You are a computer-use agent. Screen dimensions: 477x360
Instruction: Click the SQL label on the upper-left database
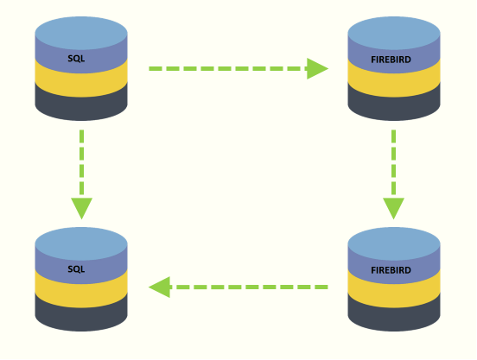click(76, 59)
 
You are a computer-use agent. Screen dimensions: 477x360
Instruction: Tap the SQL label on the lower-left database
click(76, 269)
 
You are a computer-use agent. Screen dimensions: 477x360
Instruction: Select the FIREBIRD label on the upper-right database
click(391, 60)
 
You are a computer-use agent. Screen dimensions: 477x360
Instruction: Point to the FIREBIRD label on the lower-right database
click(391, 270)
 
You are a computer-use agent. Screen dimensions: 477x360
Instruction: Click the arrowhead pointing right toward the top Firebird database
click(317, 69)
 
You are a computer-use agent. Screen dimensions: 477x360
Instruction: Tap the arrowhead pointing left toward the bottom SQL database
click(159, 287)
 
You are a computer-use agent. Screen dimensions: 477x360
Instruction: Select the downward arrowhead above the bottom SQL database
click(81, 208)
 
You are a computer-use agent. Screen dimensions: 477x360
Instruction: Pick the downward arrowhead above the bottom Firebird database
click(394, 208)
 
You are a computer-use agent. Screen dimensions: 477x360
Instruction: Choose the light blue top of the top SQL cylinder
click(81, 33)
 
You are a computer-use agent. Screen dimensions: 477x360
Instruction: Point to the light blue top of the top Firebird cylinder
click(394, 33)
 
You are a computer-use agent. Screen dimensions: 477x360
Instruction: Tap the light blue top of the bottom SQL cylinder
click(81, 244)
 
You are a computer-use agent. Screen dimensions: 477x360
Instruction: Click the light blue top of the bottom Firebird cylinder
click(394, 244)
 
